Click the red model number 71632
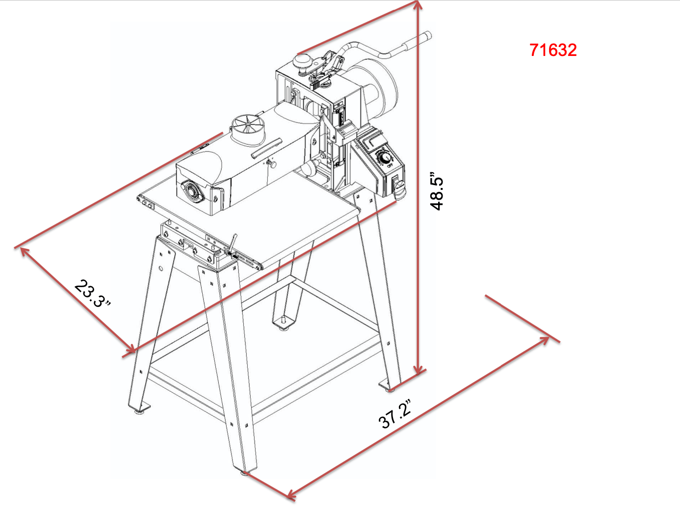click(553, 50)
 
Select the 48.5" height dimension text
click(437, 191)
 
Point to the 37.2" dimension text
click(395, 414)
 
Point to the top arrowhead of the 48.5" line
click(417, 6)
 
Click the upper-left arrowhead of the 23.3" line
click(23, 250)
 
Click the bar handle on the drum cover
click(266, 148)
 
